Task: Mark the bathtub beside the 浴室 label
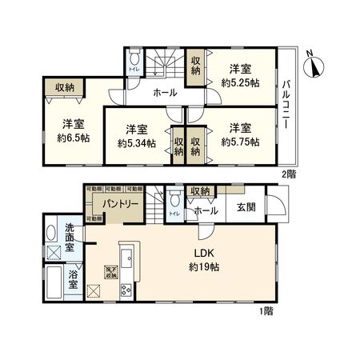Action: (53, 283)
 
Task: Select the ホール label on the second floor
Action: (165, 93)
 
